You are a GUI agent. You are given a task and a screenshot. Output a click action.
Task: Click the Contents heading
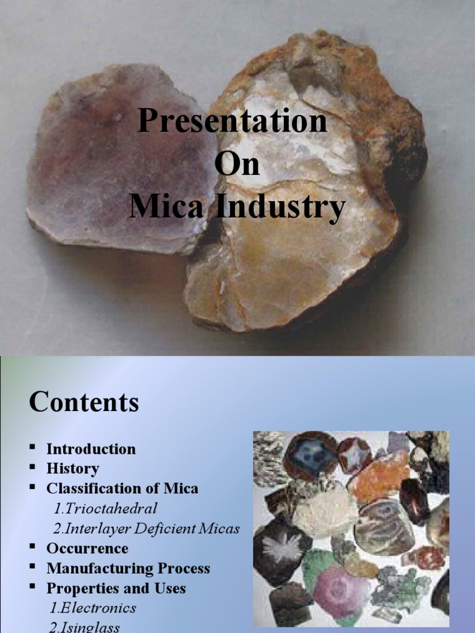pyautogui.click(x=84, y=403)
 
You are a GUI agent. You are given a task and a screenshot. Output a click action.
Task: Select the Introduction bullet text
pyautogui.click(x=91, y=449)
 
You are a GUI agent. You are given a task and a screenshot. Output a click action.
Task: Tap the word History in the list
pyautogui.click(x=72, y=469)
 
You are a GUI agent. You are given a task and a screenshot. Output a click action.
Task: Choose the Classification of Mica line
pyautogui.click(x=122, y=488)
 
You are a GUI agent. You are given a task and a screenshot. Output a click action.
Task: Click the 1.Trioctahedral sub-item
pyautogui.click(x=105, y=509)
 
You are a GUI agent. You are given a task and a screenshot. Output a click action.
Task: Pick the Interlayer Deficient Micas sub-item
pyautogui.click(x=146, y=529)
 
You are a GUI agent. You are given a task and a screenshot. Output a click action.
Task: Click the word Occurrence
pyautogui.click(x=87, y=548)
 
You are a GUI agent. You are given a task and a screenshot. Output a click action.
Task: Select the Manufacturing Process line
pyautogui.click(x=128, y=568)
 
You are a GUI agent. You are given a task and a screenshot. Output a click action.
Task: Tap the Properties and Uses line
pyautogui.click(x=116, y=588)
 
